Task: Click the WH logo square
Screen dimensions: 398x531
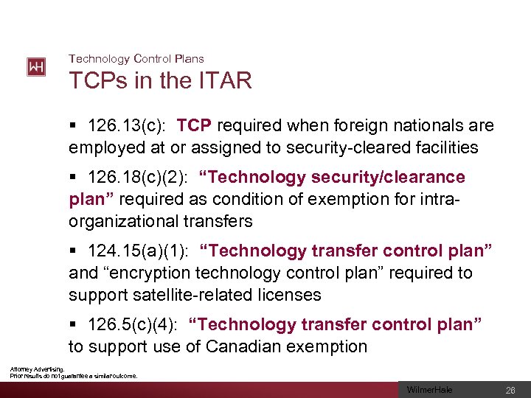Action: point(36,67)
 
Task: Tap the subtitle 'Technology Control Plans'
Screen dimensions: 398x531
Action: point(136,58)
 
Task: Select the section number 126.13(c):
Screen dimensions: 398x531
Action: point(128,126)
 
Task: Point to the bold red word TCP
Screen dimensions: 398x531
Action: point(195,126)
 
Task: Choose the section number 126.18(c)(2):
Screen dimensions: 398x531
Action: point(139,178)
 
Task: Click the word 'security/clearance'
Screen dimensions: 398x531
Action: point(390,178)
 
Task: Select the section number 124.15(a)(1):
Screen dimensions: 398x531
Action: point(138,251)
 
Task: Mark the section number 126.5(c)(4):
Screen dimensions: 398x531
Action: point(133,325)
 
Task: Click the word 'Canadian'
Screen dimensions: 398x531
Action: point(245,346)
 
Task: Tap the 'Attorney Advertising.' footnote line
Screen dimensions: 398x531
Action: point(37,369)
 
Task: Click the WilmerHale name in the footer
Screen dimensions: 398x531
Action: point(430,389)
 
